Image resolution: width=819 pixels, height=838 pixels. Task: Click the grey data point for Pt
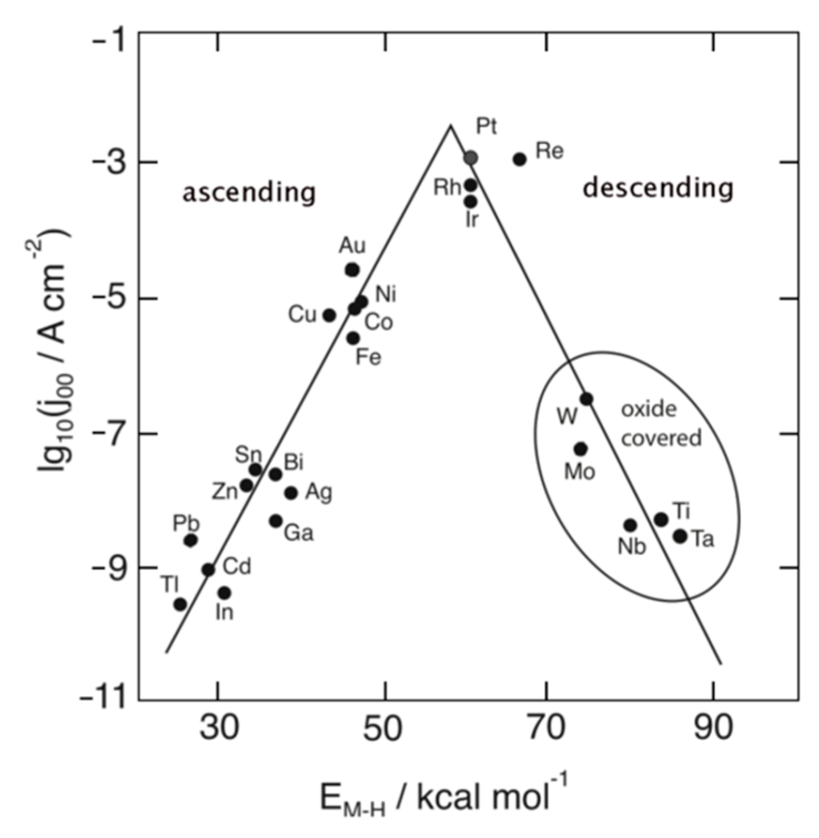(471, 158)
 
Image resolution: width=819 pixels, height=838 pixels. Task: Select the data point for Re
(519, 159)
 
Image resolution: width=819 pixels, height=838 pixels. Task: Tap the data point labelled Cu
(329, 315)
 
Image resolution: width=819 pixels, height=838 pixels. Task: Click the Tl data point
(180, 604)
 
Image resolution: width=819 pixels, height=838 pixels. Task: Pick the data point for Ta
(680, 536)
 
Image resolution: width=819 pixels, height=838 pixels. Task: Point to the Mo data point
(581, 449)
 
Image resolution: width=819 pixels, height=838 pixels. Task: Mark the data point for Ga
(276, 521)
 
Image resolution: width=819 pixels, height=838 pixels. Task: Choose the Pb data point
(190, 540)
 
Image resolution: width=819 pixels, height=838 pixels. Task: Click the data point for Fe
(353, 338)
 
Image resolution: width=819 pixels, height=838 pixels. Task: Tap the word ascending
(249, 193)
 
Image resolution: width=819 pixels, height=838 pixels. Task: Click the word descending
(658, 188)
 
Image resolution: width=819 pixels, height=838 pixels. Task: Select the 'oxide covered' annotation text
(660, 424)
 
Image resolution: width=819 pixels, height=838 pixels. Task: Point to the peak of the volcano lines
(450, 126)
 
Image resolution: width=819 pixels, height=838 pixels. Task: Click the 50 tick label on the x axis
(382, 727)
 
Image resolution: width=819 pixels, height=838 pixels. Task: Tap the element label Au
(352, 245)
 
